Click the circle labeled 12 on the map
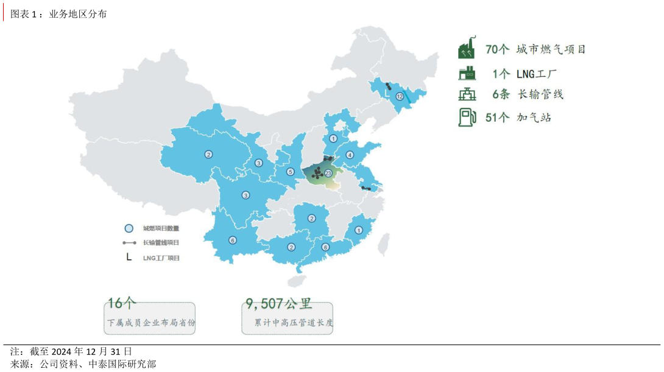coord(400,96)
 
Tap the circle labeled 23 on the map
coord(328,174)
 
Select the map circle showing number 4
coord(350,155)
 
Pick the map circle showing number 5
coord(291,172)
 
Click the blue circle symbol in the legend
coord(129,228)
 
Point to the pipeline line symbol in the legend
coord(129,242)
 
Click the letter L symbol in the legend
coord(129,257)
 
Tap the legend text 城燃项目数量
coord(161,228)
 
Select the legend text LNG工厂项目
coord(161,258)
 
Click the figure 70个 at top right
coord(497,50)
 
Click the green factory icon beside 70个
coord(467,49)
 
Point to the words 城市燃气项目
coord(551,50)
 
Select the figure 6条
coord(501,94)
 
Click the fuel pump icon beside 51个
coord(467,117)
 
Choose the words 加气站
coord(534,118)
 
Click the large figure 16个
coord(122,303)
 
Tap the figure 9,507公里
coord(278,303)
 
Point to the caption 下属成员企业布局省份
coord(151,323)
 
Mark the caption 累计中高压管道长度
coord(294,323)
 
